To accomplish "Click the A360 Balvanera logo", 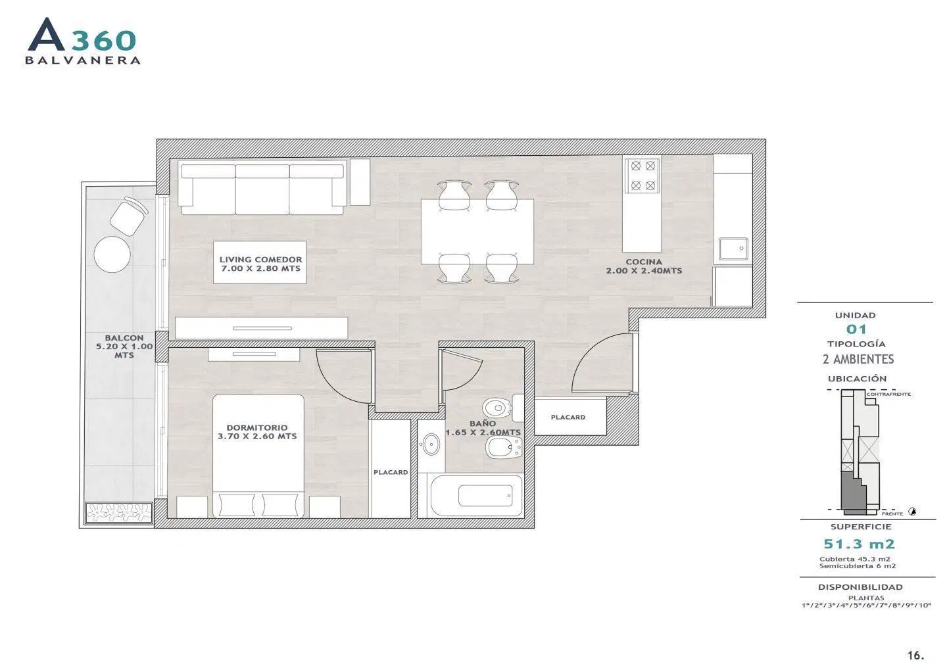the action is (83, 41).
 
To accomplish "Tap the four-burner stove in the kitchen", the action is (643, 176).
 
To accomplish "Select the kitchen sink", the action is (733, 249).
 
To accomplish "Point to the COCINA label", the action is (644, 262).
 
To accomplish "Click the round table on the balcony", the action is (112, 254).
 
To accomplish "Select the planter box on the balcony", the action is (119, 513).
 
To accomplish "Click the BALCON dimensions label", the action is (124, 347).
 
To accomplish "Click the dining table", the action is (477, 231).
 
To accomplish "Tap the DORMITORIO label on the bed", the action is (257, 427).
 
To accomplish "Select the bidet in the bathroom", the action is (504, 448).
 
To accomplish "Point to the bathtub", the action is (475, 495).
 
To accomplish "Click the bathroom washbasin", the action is (431, 444).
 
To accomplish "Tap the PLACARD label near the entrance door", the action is (568, 418).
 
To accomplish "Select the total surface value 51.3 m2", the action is (859, 544).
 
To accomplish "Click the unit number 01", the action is (856, 329).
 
